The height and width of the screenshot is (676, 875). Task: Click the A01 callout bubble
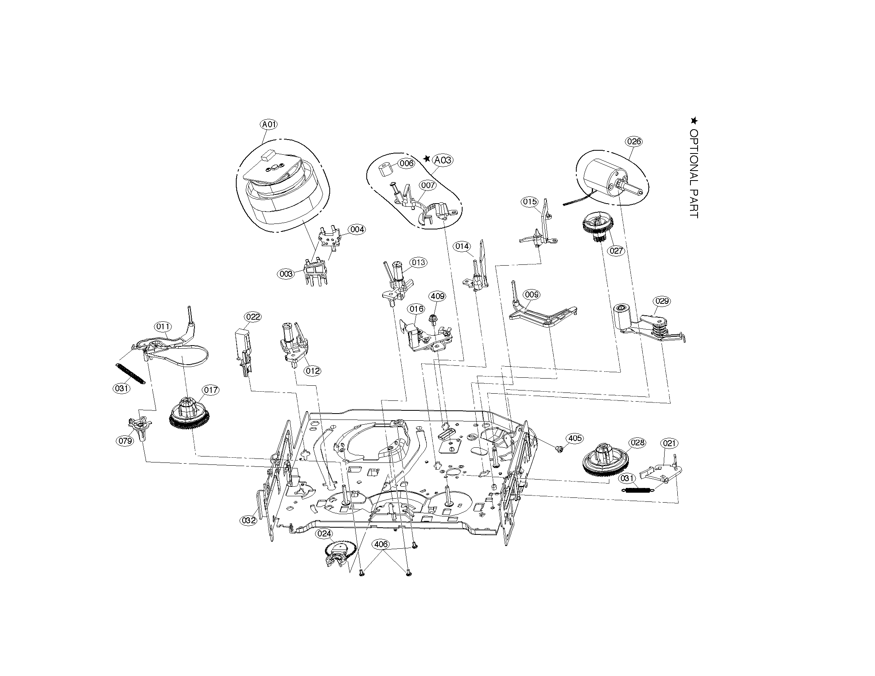[x=269, y=124]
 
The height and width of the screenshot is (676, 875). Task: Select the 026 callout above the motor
[x=634, y=142]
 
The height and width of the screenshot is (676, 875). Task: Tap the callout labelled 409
[x=437, y=296]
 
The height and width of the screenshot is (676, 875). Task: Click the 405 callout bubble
[x=575, y=438]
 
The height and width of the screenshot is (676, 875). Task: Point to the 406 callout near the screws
[x=381, y=544]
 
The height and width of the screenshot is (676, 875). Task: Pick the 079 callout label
[x=125, y=441]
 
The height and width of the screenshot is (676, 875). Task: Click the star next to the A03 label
[x=427, y=159]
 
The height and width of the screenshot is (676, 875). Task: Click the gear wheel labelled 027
[x=597, y=227]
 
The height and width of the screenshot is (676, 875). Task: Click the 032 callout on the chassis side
[x=249, y=521]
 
